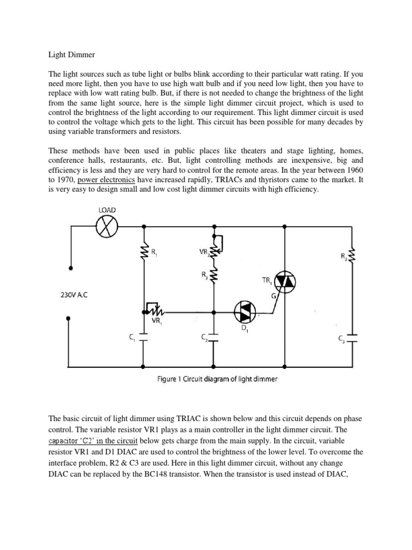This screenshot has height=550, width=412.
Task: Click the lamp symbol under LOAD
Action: (106, 227)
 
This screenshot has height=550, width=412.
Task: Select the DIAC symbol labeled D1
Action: (245, 310)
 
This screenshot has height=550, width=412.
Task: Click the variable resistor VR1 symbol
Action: (153, 310)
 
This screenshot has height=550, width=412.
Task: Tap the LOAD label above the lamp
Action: (106, 209)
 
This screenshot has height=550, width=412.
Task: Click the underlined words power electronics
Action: (106, 179)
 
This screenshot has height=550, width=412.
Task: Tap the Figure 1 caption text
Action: (217, 379)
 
